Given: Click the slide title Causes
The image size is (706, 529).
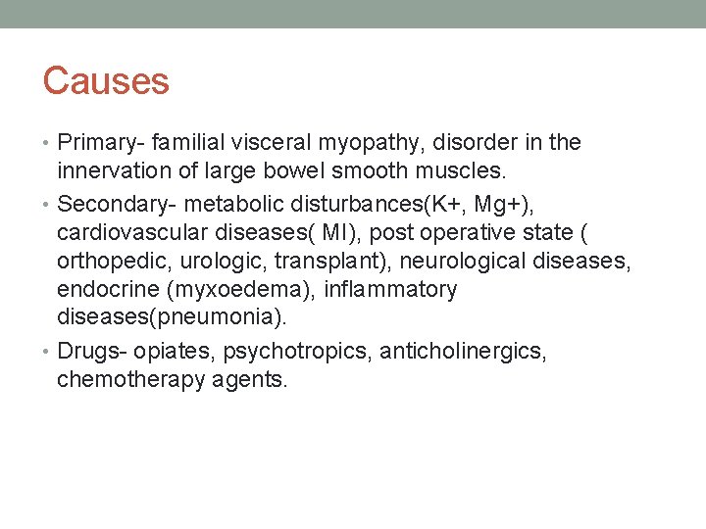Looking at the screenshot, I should [x=106, y=81].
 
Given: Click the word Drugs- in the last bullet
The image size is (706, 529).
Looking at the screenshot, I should [x=89, y=351].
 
